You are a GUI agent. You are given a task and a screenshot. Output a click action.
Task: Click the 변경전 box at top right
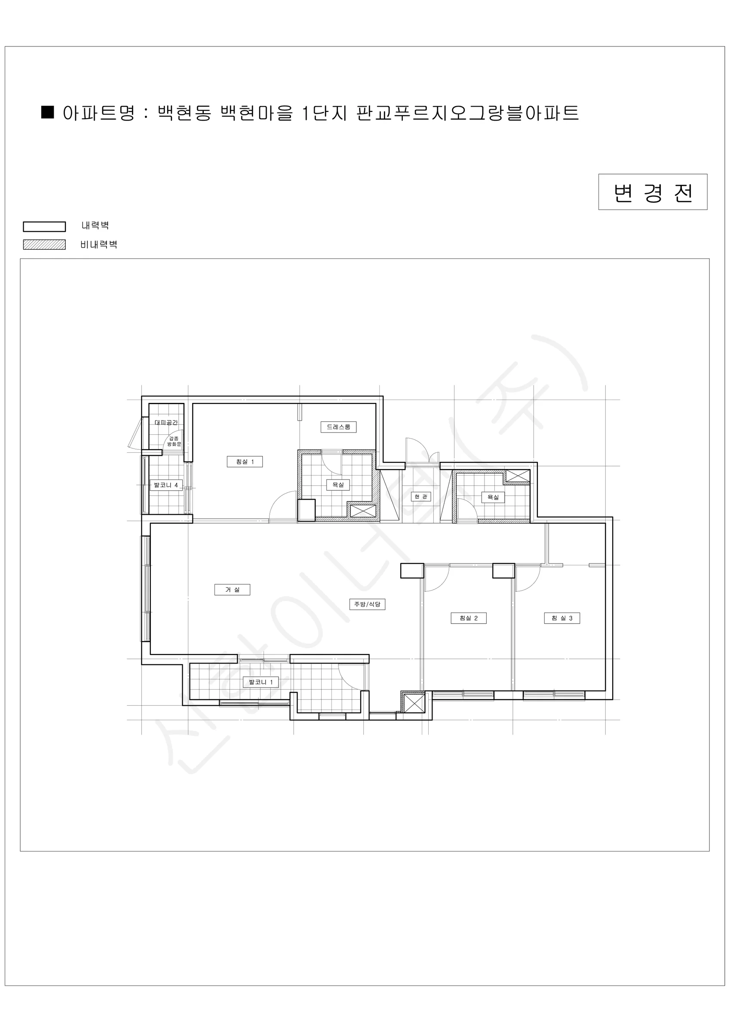653,192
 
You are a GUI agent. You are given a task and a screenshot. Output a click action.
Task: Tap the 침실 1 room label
245,462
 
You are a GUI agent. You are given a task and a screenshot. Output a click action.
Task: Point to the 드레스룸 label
338,427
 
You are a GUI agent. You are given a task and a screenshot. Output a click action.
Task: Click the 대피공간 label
166,423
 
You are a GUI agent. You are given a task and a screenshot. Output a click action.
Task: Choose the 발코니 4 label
166,485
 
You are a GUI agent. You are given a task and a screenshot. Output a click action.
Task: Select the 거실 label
233,590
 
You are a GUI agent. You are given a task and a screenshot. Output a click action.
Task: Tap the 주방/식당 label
367,604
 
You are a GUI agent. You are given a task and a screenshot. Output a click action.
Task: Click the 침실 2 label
468,618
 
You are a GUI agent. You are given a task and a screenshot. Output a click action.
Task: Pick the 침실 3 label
562,618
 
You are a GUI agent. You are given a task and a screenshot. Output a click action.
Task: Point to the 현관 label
421,497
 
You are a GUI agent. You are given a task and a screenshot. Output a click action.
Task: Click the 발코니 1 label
261,682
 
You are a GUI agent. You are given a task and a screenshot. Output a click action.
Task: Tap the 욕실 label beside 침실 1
338,485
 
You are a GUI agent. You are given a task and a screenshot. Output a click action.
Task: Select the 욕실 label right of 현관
493,497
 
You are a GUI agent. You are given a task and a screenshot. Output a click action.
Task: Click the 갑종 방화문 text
174,441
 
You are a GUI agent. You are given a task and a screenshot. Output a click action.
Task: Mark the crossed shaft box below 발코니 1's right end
413,703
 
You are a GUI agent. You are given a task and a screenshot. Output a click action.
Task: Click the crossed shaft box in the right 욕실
517,476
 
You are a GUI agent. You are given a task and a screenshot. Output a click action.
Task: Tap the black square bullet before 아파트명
48,112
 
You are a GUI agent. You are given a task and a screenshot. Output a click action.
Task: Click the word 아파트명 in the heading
98,113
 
